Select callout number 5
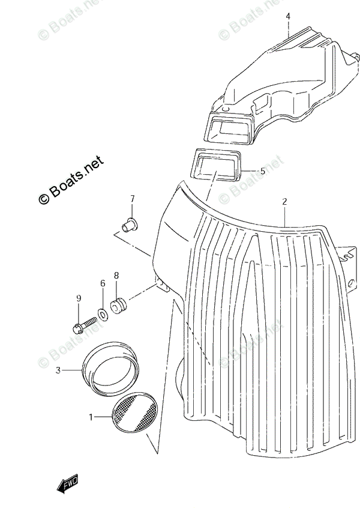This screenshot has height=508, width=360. pyautogui.click(x=262, y=171)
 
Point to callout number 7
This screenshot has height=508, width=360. pyautogui.click(x=133, y=199)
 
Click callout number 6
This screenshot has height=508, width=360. pyautogui.click(x=103, y=283)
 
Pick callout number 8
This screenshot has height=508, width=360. pyautogui.click(x=116, y=276)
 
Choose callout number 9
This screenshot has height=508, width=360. pyautogui.click(x=78, y=298)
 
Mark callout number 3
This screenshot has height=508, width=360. pyautogui.click(x=58, y=370)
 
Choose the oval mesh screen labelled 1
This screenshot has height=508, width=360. pyautogui.click(x=135, y=414)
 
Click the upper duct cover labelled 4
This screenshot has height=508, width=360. pyautogui.click(x=282, y=72)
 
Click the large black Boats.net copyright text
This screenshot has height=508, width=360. pyautogui.click(x=71, y=180)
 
